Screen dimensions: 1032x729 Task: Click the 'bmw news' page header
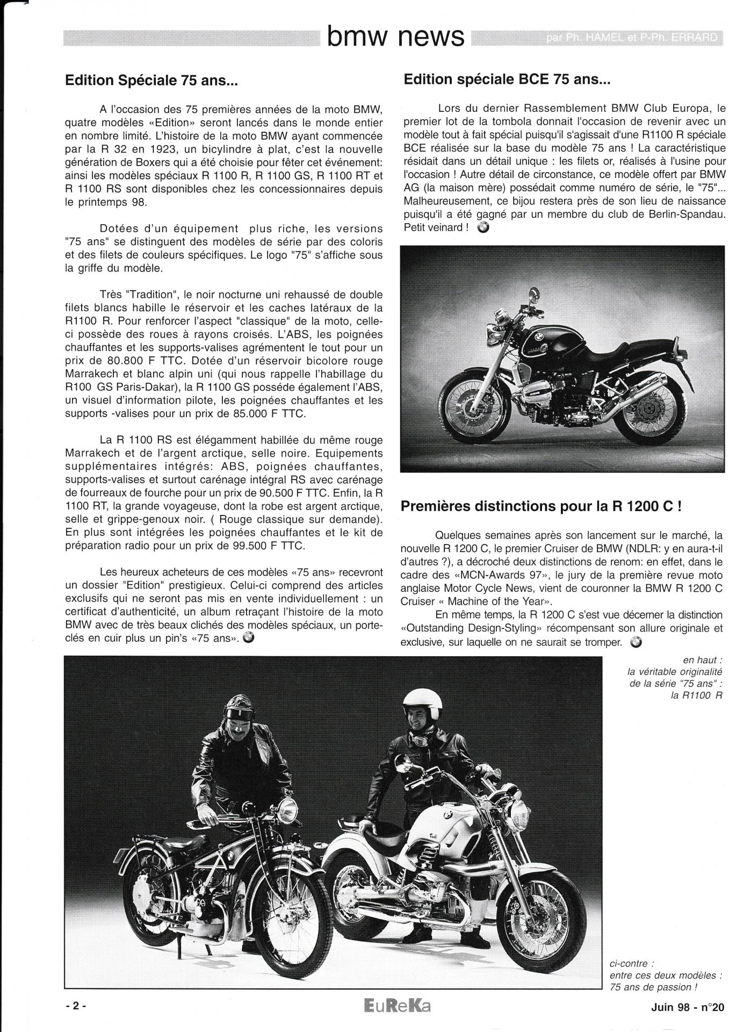pyautogui.click(x=395, y=36)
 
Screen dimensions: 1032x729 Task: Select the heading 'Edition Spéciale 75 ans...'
pyautogui.click(x=151, y=81)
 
